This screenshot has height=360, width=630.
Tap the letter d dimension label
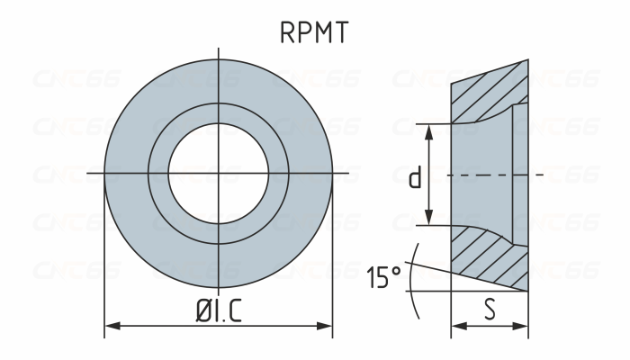415,177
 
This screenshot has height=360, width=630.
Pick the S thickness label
490,310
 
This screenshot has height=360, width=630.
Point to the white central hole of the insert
219,172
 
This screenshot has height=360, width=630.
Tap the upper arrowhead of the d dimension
430,130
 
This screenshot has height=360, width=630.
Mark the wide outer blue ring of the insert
126,172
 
